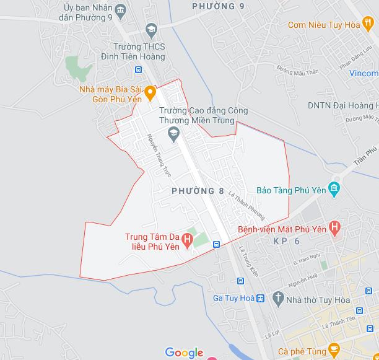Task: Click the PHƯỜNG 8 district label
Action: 198,191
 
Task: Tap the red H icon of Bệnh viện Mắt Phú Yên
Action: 335,228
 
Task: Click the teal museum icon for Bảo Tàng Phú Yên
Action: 335,188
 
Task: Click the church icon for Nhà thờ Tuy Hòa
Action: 277,298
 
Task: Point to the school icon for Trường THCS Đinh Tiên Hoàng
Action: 150,29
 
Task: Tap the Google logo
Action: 184,353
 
